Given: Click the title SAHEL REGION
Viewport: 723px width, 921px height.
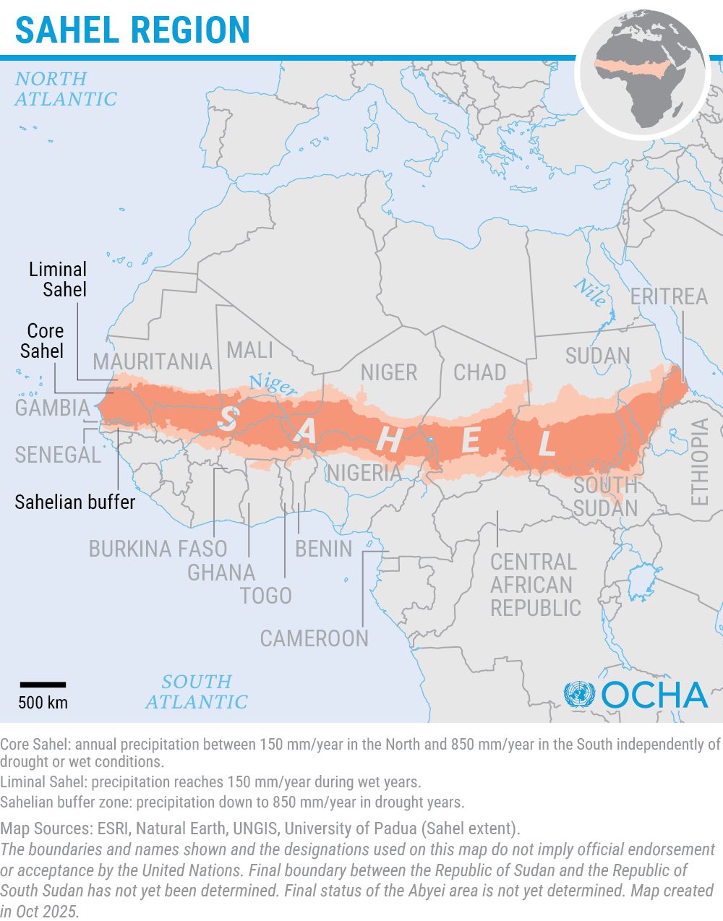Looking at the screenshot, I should [132, 30].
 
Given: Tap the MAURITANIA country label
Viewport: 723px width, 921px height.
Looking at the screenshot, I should [152, 361].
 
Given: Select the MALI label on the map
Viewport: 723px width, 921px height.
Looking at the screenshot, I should [250, 350].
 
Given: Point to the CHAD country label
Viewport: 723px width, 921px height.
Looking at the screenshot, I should [479, 372].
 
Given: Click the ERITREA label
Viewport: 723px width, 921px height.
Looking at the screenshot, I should [669, 296].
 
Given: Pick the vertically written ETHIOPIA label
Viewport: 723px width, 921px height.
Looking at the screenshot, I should [699, 462].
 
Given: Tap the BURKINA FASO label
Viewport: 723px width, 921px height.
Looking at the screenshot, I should [158, 549].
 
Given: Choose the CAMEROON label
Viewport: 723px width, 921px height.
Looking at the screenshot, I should [315, 639].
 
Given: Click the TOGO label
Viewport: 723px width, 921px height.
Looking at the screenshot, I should [266, 596].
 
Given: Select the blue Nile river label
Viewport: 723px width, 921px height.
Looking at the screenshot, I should [591, 292].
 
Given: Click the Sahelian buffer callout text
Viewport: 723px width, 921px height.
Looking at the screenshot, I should [75, 502].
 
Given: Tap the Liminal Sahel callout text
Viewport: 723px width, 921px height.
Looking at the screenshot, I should [58, 280].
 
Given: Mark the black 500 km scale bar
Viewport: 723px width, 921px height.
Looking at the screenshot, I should [43, 684].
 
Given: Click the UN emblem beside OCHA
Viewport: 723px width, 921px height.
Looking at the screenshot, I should [578, 695].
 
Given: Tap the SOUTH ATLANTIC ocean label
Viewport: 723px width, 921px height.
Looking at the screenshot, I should [197, 692].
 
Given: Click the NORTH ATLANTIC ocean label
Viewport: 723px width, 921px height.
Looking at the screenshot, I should [65, 89].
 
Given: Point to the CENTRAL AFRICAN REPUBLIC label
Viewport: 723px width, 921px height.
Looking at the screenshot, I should [535, 585].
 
